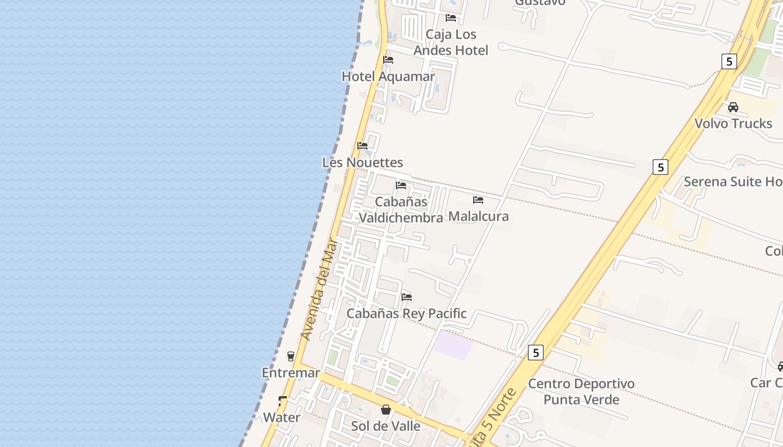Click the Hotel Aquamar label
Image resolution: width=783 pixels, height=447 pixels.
point(388,77)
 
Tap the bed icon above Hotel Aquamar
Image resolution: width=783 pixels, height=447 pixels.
point(388,60)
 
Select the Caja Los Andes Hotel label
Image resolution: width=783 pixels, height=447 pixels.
point(451,42)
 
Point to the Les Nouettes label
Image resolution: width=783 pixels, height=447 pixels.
point(362,163)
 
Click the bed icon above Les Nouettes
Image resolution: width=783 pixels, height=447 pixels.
point(362,146)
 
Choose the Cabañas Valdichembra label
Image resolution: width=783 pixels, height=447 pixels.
point(401,210)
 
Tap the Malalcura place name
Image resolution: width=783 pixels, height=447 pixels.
point(479,216)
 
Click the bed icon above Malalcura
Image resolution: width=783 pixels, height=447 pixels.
point(478,199)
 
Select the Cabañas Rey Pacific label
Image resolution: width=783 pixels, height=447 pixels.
point(407,313)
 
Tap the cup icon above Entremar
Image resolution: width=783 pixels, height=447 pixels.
point(290,356)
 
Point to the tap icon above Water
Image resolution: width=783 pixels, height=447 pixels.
point(282,401)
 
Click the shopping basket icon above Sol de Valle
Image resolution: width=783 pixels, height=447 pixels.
point(386,410)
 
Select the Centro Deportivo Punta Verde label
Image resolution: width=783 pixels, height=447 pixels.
point(582,392)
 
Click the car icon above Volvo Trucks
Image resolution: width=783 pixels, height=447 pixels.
point(733,107)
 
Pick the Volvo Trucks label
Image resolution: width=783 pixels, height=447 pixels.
point(733,123)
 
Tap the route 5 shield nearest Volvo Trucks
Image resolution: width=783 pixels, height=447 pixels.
point(729,61)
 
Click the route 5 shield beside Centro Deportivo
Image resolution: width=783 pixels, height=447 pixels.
point(536,353)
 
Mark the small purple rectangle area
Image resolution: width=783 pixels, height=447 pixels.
point(454,345)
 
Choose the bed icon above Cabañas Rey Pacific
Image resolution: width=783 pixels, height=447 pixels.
point(407,297)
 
